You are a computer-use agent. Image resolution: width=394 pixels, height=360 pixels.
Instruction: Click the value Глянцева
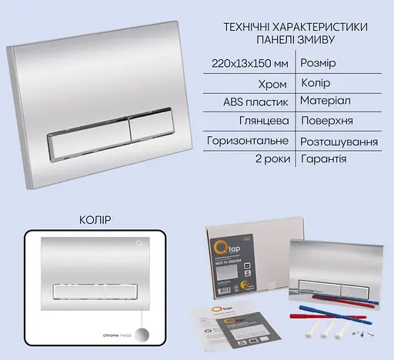tap(263, 121)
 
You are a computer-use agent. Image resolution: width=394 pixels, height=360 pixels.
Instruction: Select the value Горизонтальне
tap(249, 141)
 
